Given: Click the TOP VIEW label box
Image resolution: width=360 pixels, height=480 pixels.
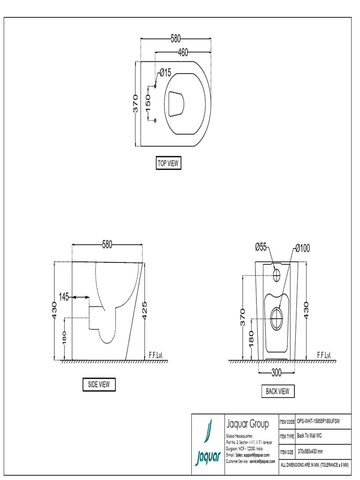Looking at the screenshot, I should point(168,163).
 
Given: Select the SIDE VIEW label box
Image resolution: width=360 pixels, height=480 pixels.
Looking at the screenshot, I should point(98,384).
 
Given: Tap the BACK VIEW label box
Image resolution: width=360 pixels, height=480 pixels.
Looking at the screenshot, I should point(277,391).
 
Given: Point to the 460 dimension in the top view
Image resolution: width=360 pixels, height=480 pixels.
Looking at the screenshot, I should point(182,52).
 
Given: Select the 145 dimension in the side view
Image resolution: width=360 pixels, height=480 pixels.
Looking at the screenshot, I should point(64,296).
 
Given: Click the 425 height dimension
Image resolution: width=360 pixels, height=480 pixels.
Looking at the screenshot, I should point(145,310).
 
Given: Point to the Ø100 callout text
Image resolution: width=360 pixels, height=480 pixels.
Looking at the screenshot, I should point(302,247).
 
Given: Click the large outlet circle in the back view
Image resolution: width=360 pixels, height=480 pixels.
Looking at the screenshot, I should point(277,315).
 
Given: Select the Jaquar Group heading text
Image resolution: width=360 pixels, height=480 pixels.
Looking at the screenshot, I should point(247,425).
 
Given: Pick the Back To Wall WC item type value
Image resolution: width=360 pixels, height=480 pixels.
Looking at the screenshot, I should point(309,436).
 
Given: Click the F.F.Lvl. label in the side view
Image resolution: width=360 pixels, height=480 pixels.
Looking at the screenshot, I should point(155,355).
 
